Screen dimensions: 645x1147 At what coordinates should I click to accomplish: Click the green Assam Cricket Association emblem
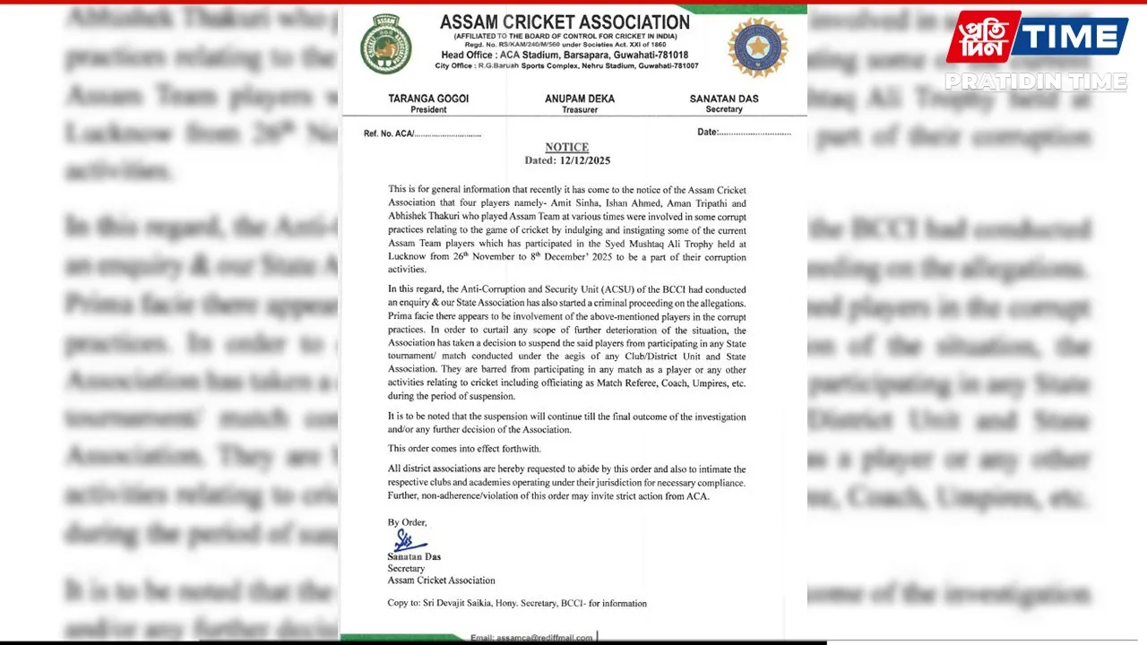(386, 45)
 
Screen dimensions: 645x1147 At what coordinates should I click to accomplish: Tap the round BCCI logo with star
(757, 47)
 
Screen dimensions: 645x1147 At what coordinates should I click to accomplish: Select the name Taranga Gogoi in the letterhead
(428, 99)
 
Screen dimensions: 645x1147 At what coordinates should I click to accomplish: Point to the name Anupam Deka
(580, 99)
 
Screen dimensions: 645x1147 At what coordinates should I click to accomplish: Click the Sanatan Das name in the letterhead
(724, 99)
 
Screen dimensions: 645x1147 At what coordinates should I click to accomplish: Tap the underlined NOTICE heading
(566, 147)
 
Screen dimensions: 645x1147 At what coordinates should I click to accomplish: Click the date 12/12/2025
(584, 160)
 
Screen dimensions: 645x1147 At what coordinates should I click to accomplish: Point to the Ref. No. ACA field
(422, 133)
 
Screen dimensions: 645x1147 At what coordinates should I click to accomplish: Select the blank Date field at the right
(744, 133)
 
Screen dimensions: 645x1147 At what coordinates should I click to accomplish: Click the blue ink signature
(408, 540)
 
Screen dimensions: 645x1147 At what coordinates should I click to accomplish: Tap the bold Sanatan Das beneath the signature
(413, 556)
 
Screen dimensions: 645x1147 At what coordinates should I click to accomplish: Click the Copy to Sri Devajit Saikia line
(517, 603)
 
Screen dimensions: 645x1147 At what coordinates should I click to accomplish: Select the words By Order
(407, 521)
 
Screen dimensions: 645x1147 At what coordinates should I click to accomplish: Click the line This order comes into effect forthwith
(464, 448)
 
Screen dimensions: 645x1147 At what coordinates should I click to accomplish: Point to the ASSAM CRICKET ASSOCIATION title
(565, 22)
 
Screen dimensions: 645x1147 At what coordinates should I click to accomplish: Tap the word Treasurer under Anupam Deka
(580, 109)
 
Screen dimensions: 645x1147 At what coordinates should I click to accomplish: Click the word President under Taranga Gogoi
(428, 109)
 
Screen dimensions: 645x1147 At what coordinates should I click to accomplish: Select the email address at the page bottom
(531, 638)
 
